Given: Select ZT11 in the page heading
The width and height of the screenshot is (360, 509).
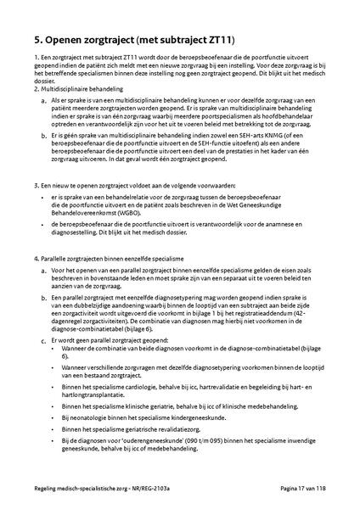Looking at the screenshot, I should click(x=217, y=39).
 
